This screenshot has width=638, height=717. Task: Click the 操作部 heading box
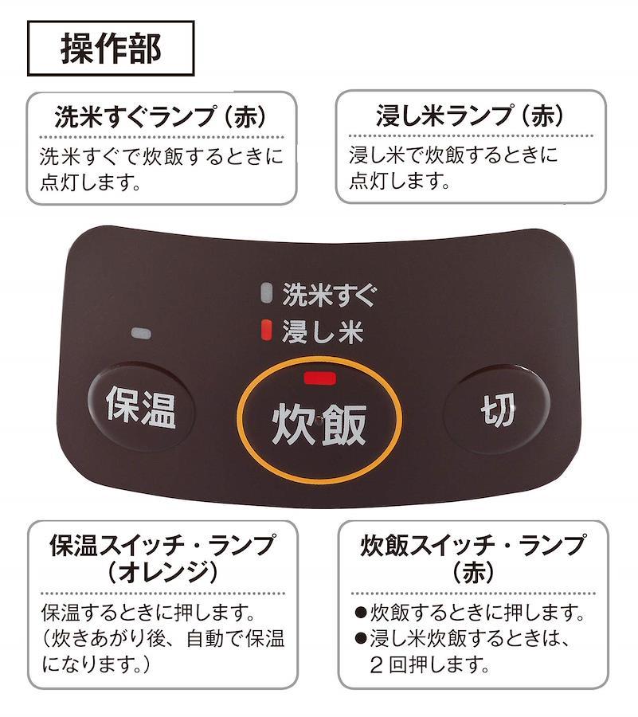(111, 48)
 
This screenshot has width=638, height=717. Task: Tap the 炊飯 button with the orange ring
(319, 423)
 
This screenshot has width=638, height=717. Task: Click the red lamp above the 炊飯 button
(319, 378)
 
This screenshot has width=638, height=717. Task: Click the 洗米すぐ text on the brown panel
(327, 295)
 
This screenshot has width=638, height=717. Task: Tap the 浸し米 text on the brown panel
(323, 331)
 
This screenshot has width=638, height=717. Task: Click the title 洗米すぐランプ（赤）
(161, 117)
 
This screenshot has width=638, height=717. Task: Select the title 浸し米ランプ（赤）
(470, 117)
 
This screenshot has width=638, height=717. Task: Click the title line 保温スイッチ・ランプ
(162, 547)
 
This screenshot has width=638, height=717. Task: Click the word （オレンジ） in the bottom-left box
(162, 572)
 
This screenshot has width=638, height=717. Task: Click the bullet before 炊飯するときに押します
(360, 614)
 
